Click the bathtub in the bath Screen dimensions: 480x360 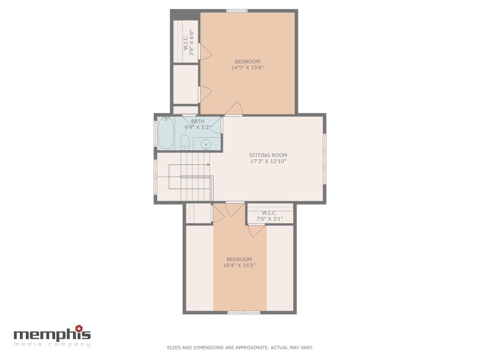tap(166, 133)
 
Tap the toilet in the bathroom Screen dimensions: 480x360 tap(185, 143)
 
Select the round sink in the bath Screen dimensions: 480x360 tap(206, 144)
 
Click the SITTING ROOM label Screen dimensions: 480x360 tap(268, 155)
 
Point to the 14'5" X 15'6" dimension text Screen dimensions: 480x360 tap(247, 68)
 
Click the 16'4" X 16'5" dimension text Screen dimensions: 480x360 tap(239, 265)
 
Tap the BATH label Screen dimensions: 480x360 tap(197, 121)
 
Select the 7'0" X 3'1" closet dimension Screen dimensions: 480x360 tap(269, 219)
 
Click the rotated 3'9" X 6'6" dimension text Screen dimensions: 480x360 tap(192, 42)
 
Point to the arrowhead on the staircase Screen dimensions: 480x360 tap(208, 165)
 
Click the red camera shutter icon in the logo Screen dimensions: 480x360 tap(79, 328)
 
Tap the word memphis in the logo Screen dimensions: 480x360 tap(52, 335)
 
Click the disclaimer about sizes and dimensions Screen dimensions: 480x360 tap(240, 348)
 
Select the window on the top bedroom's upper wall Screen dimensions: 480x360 tap(237, 11)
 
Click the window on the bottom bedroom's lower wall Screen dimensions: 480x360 tap(244, 312)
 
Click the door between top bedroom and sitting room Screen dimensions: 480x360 tap(234, 109)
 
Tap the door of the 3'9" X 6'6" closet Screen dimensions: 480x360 tap(205, 51)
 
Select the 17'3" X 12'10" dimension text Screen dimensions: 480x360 tap(268, 161)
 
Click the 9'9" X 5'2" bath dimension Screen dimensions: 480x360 tap(197, 127)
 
